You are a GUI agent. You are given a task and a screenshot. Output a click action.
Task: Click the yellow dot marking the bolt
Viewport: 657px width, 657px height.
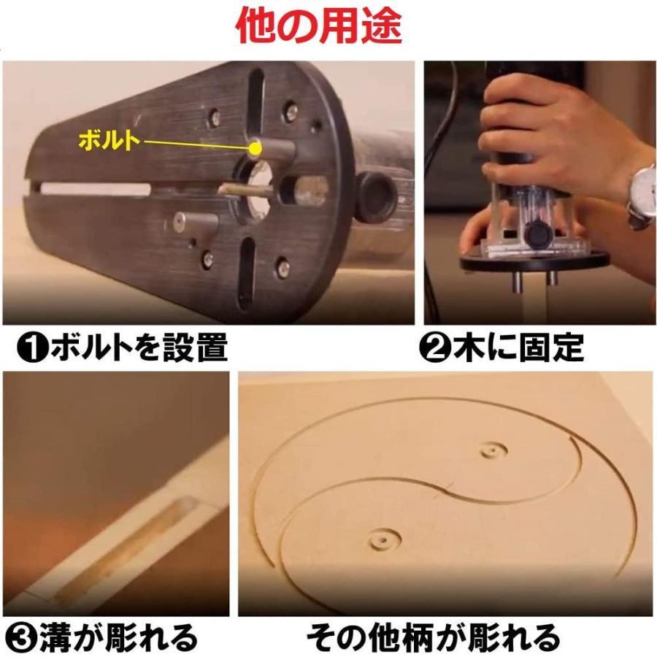tap(254, 148)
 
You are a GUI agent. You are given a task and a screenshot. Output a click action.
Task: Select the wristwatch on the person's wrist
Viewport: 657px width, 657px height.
tap(642, 196)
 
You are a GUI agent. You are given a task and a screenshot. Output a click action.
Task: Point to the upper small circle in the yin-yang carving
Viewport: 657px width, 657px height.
tap(493, 450)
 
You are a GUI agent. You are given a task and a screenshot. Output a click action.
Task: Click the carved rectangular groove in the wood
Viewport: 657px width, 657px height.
tap(126, 547)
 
